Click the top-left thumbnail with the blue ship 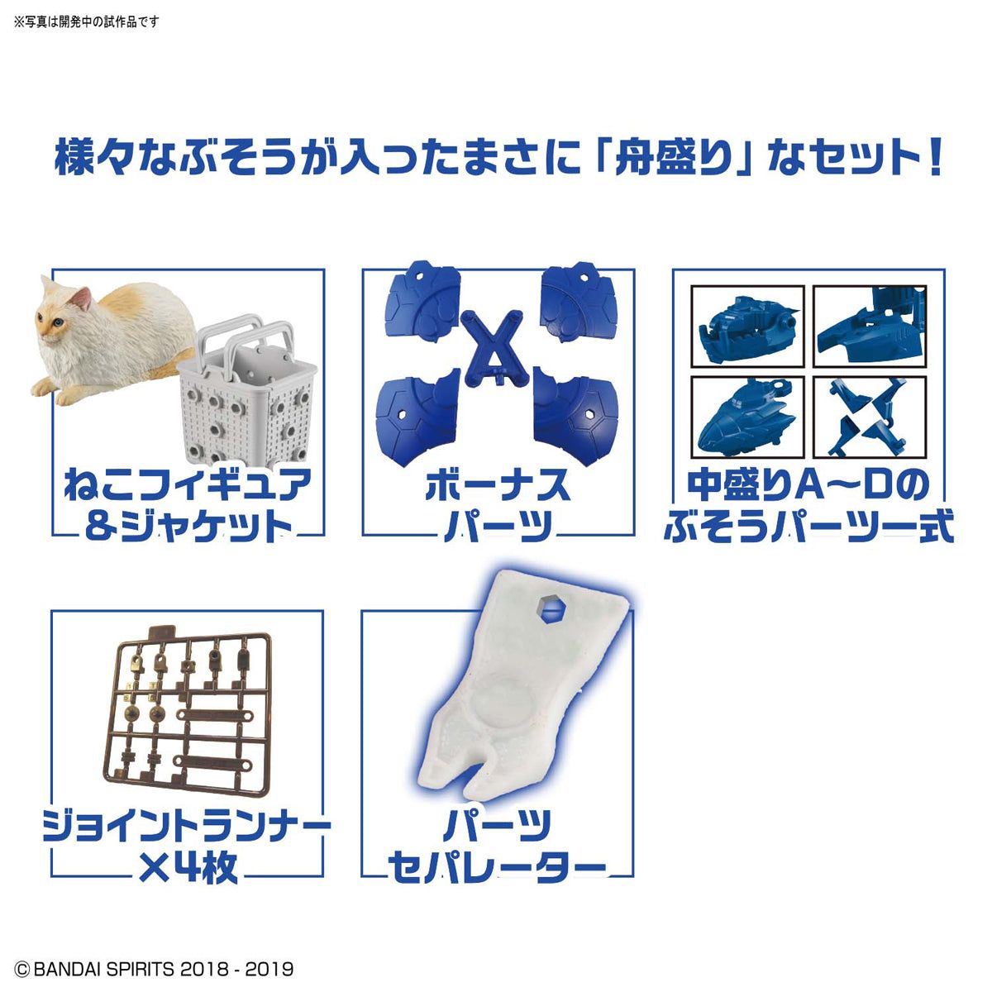(747, 327)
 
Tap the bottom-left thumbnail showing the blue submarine (747, 417)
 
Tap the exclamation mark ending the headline (934, 157)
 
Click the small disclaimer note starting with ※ (87, 21)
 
